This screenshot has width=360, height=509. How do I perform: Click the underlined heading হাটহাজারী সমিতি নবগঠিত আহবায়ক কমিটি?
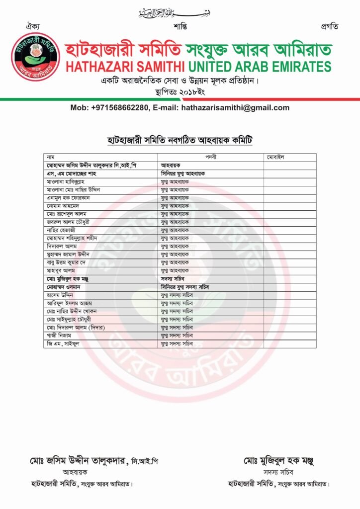pos(180,140)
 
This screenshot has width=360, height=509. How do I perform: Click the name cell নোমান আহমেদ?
pos(65,206)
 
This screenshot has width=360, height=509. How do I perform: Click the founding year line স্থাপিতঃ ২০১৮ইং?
pos(180,92)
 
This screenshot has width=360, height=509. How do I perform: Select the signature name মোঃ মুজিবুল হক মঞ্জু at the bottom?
pos(279,461)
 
